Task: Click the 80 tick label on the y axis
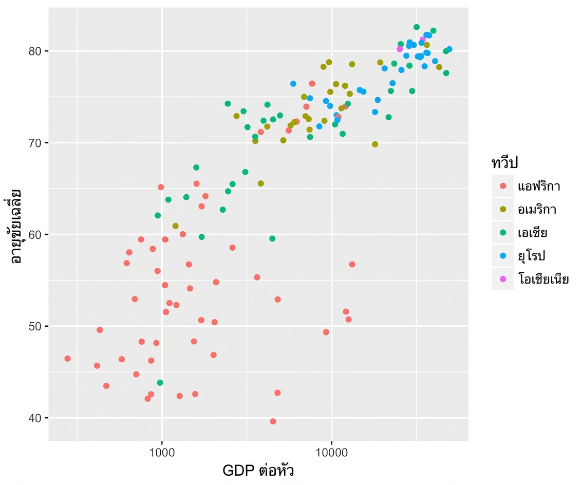34,51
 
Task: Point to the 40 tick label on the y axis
34,418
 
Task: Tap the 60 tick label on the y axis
34,235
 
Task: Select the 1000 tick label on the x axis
162,452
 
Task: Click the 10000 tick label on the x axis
331,452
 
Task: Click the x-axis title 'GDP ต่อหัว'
258,470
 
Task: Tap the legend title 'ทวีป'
504,163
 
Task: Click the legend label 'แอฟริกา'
539,185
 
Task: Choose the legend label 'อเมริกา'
537,210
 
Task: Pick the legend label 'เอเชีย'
533,232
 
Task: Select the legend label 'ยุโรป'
532,256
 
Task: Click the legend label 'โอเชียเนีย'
543,278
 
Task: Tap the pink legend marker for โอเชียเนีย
503,279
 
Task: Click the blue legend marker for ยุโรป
503,255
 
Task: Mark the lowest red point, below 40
273,421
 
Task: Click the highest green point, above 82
417,27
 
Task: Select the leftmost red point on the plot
67,359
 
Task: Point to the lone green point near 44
160,383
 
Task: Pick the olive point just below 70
375,144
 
